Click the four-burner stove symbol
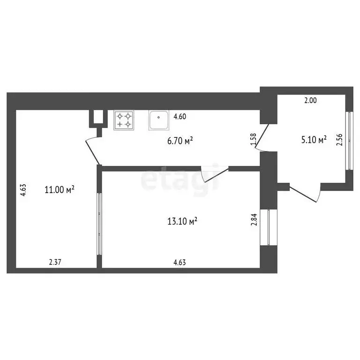124,120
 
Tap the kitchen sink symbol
159,120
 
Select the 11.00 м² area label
60,189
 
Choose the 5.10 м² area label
314,140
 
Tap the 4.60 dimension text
180,117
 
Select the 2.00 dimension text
311,100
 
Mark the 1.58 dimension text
254,141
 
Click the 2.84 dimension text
254,219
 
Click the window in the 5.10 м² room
348,139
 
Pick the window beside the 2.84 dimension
269,227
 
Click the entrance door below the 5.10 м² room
305,193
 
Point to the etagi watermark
180,178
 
